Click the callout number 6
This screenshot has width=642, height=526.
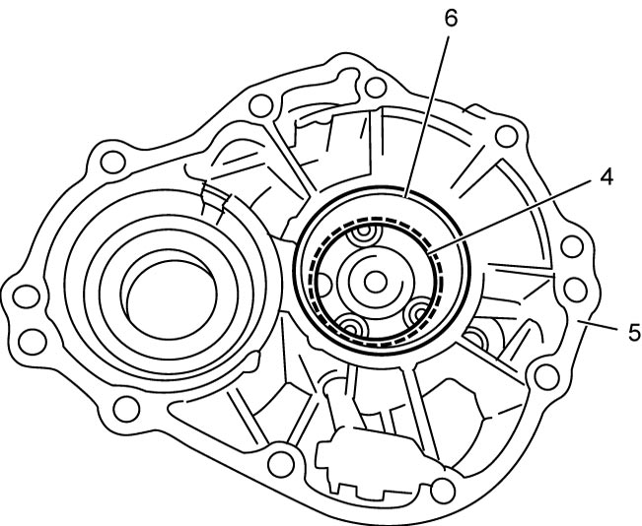pos(451,19)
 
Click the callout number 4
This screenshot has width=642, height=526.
pos(606,177)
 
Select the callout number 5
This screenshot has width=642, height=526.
pos(635,332)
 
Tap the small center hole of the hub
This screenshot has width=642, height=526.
pos(375,282)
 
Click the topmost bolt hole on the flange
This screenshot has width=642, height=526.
pos(375,88)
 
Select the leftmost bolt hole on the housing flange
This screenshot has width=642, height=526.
pos(27,296)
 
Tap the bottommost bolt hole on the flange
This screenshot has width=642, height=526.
pos(443,490)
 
